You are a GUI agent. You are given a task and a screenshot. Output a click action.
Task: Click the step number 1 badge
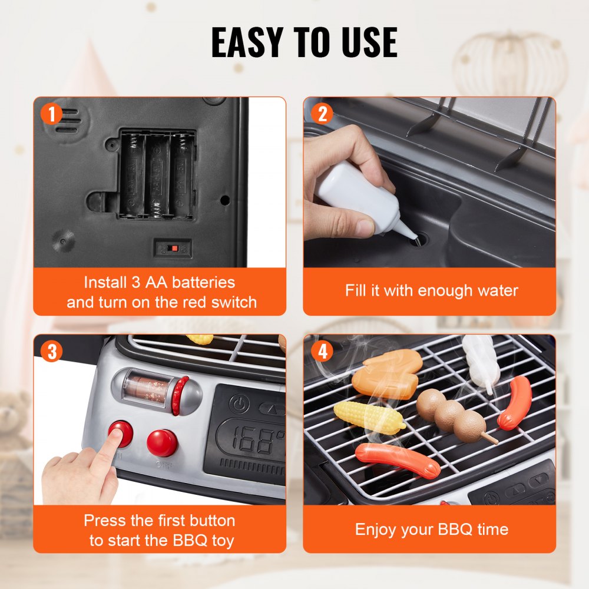[52, 114]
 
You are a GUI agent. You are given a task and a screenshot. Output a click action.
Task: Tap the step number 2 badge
[322, 114]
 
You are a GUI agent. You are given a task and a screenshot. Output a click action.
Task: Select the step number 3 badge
[52, 352]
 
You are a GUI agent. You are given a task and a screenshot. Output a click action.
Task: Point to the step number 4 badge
[322, 352]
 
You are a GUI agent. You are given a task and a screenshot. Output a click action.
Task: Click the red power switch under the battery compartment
[173, 248]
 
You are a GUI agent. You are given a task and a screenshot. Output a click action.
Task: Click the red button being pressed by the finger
[121, 434]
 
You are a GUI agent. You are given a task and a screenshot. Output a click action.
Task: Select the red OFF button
[162, 442]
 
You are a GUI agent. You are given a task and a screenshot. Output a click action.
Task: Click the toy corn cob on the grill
[368, 416]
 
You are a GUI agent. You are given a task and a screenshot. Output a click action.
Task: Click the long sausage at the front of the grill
[397, 459]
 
